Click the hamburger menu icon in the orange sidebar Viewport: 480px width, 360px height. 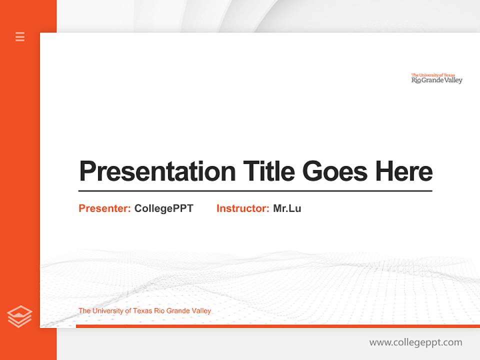[x=20, y=36]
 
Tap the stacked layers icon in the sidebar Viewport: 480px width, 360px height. [x=19, y=316]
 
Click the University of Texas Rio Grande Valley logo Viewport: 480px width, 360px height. [x=436, y=78]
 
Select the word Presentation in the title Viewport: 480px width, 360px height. [x=157, y=171]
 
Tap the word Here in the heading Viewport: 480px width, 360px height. [x=404, y=171]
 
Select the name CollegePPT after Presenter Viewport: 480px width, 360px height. [x=163, y=208]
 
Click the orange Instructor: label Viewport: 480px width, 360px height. [x=242, y=208]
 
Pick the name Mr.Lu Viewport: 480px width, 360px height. [x=287, y=208]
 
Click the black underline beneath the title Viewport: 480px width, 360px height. [x=255, y=191]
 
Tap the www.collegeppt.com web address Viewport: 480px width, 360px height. [x=415, y=342]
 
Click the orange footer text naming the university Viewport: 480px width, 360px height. [x=144, y=311]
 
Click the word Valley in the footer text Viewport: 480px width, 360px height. [x=201, y=311]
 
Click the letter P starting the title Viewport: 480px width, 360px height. [x=87, y=171]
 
